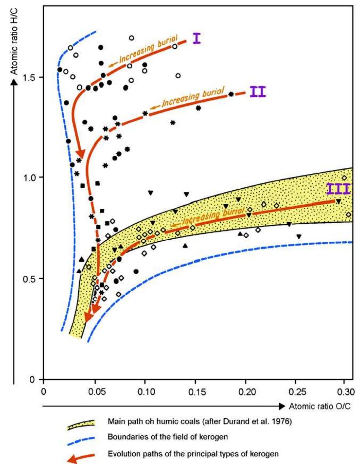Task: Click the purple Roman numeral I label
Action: (197, 38)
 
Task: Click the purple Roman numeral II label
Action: (257, 92)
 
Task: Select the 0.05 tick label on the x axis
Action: (94, 392)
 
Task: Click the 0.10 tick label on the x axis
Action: (145, 392)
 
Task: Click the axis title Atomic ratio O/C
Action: (320, 406)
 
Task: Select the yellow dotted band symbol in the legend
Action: (81, 424)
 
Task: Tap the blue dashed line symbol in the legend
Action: (81, 439)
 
